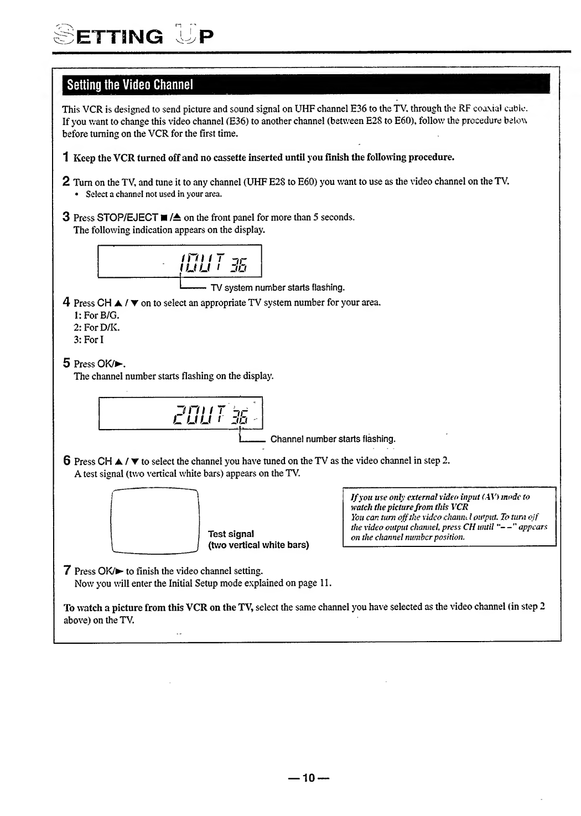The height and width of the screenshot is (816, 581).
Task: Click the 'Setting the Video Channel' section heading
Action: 129,85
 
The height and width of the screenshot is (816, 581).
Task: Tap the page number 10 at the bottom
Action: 308,778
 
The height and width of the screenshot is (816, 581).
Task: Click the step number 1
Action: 66,157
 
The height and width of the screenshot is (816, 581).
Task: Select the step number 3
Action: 66,216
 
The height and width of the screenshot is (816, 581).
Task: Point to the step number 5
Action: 66,363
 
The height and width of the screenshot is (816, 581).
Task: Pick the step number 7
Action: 66,570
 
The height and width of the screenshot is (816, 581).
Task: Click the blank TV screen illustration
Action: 155,521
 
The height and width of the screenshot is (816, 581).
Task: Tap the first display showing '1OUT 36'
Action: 179,262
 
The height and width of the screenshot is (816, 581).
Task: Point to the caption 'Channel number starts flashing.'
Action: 333,439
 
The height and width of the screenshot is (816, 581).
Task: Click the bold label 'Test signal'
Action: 231,534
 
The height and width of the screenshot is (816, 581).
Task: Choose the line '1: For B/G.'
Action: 96,315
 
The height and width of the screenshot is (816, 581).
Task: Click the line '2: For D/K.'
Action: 96,327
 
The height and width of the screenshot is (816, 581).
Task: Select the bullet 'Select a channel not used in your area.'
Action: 154,194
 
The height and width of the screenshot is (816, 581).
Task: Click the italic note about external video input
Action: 449,517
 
